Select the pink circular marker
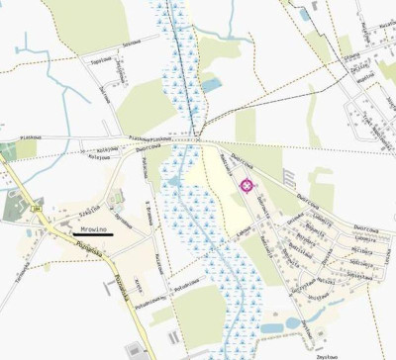246,184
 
